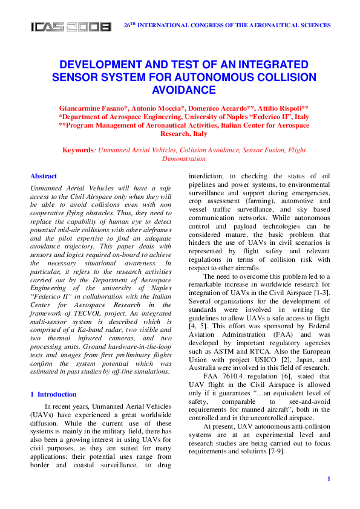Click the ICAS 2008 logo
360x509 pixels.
click(x=71, y=26)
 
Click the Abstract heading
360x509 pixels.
click(x=44, y=177)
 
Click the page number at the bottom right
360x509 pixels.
click(x=328, y=479)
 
